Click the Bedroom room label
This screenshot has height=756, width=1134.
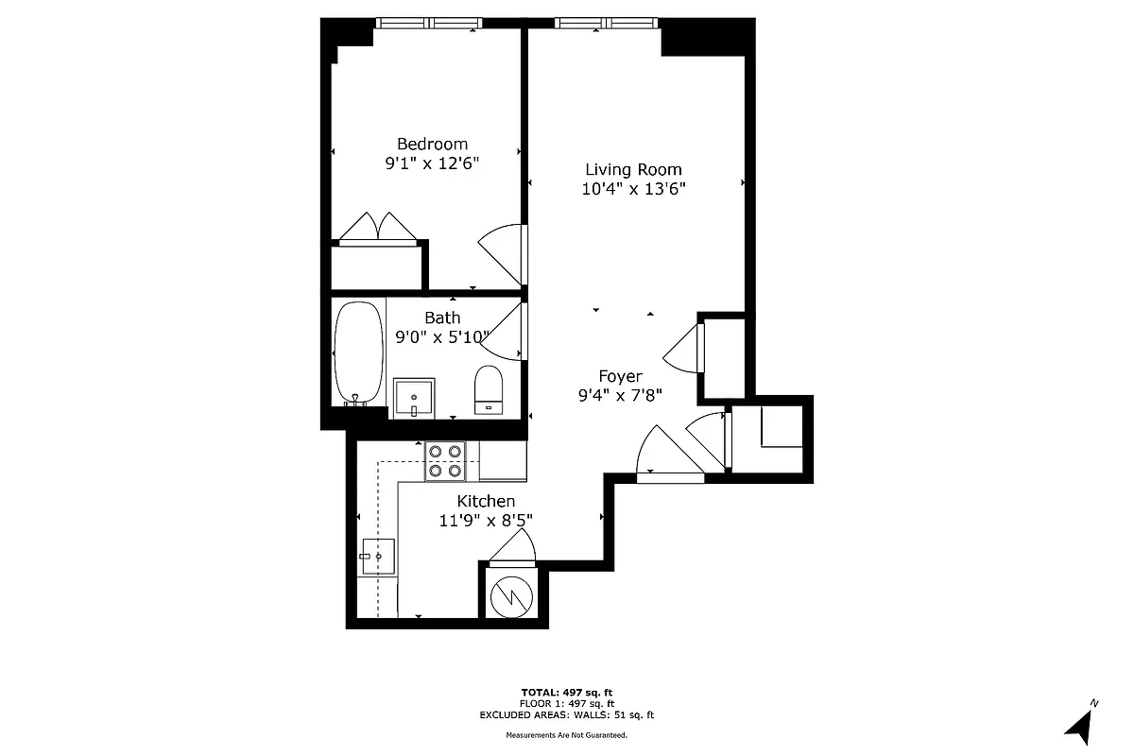click(x=432, y=144)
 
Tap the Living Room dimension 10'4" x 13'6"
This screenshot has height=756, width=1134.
click(x=633, y=188)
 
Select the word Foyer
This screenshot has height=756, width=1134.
click(x=620, y=376)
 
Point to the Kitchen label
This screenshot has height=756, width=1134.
click(x=486, y=501)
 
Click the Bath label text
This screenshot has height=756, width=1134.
click(x=442, y=318)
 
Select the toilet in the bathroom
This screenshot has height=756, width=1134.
click(x=489, y=388)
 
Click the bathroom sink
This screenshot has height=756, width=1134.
click(x=414, y=397)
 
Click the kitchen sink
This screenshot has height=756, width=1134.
click(x=377, y=558)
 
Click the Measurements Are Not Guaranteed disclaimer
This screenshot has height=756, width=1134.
click(x=567, y=734)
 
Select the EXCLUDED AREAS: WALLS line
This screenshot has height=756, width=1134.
click(x=567, y=715)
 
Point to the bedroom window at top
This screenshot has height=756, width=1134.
click(x=429, y=23)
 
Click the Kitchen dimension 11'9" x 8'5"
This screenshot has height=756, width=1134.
click(x=486, y=522)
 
